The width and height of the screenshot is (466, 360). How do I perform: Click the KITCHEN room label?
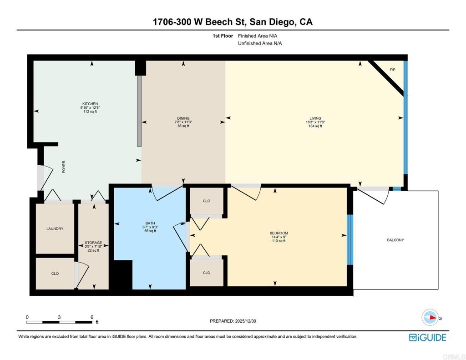click(90, 104)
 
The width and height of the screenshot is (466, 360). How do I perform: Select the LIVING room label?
click(315, 118)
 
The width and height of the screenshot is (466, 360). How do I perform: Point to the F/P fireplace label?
click(392, 70)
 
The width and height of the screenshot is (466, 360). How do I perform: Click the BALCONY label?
click(395, 240)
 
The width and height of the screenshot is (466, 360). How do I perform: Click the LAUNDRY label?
click(55, 229)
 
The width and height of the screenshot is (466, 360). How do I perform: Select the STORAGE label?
click(93, 243)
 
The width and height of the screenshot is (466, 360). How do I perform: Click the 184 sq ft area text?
click(315, 126)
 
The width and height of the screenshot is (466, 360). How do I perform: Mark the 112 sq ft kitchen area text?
click(90, 112)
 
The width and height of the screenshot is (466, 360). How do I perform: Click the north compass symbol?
click(430, 317)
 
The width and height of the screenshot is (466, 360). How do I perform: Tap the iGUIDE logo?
click(427, 337)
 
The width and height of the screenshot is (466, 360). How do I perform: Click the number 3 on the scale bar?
click(59, 317)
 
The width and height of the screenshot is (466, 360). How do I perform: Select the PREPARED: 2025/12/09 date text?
click(233, 321)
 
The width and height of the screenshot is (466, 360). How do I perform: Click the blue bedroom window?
click(349, 240)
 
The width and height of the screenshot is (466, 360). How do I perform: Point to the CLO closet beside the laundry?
click(55, 274)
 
